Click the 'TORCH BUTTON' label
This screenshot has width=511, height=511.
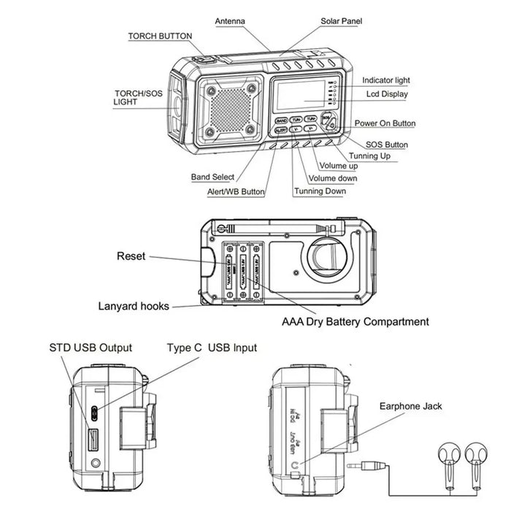160,36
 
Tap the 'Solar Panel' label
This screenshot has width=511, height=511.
341,21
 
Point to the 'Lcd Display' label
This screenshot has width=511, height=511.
387,94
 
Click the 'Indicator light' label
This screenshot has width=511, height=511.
386,80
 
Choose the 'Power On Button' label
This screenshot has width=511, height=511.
385,123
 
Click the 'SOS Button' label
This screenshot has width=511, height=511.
386,145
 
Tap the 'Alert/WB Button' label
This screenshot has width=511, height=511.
237,192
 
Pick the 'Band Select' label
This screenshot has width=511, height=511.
212,177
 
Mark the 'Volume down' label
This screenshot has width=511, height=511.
332,178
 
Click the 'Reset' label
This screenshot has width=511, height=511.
131,256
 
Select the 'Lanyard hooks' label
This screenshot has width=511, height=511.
134,306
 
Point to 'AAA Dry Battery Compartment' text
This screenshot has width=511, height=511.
356,321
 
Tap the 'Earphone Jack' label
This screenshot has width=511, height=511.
410,406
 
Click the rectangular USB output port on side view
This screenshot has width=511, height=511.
94,440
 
